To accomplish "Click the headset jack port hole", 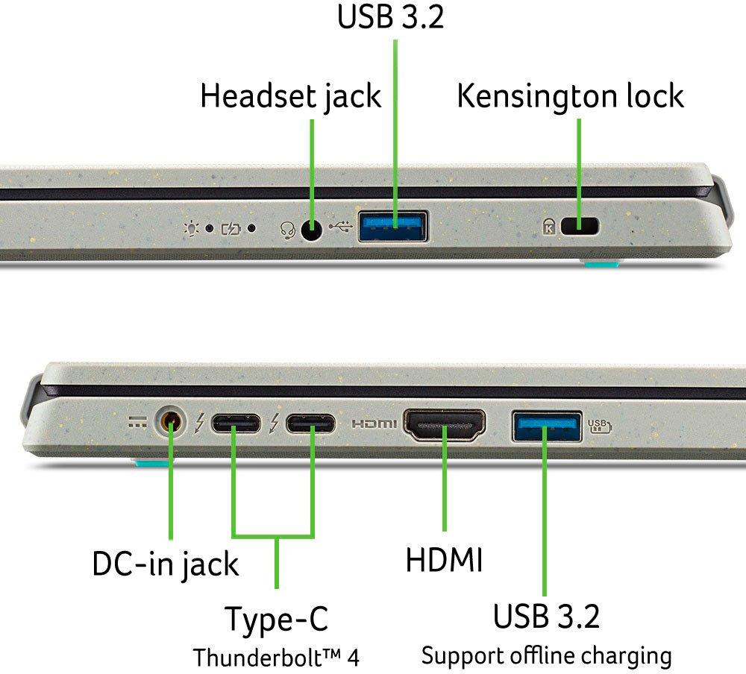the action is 312,230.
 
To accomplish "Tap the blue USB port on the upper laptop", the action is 393,227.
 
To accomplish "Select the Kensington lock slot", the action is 580,226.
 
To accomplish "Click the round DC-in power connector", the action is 171,421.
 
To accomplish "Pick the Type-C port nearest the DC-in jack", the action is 236,423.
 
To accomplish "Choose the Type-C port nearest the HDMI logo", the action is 310,423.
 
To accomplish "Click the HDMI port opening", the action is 445,424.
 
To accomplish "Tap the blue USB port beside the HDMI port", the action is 547,426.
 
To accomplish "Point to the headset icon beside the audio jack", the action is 287,230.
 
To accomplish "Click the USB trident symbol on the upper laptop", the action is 341,227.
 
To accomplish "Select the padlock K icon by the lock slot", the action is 549,227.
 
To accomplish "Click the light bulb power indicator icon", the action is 192,229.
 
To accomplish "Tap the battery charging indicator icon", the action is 231,230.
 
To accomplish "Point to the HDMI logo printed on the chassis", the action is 374,423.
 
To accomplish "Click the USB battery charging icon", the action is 600,426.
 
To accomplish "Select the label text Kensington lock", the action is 571,97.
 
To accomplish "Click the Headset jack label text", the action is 291,97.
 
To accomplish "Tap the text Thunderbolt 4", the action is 276,658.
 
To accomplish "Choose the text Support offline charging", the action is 547,656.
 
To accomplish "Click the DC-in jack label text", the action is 166,565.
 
